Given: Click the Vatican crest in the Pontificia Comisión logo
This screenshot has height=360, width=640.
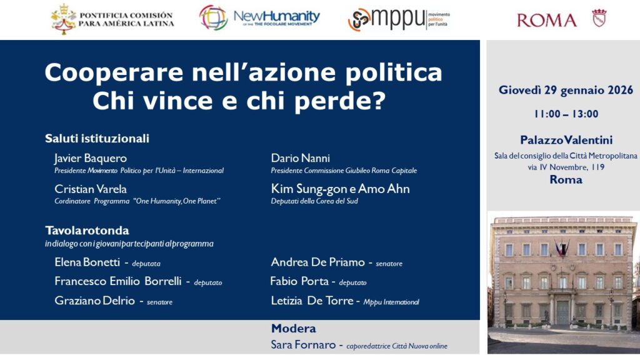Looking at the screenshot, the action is [x=63, y=19].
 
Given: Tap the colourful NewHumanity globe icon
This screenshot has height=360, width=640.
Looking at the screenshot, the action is [x=213, y=17].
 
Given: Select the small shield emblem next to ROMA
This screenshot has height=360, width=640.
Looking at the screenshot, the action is [x=599, y=18].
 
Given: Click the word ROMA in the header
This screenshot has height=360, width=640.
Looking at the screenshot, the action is [x=546, y=21].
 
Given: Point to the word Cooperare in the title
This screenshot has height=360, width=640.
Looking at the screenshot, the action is [x=114, y=72].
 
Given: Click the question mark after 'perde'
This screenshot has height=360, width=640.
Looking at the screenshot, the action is [x=379, y=101].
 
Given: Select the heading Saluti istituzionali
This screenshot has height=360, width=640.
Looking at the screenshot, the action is [x=97, y=138].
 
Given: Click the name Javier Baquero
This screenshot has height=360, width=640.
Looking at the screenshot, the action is [x=90, y=158].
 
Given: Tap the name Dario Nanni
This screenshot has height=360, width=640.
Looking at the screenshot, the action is [x=301, y=158].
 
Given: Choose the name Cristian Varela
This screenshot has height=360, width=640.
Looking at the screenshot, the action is [x=91, y=189].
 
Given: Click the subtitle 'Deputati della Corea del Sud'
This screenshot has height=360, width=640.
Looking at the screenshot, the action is [x=314, y=201].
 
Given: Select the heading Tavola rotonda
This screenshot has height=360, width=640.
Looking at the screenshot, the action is [x=87, y=231].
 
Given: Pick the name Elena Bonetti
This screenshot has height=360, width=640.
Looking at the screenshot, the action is [x=87, y=262].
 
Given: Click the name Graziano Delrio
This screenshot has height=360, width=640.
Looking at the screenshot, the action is [x=95, y=301].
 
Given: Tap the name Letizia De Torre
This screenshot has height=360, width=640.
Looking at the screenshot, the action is [x=312, y=301].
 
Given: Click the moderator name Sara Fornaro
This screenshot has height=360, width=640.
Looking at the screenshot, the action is [x=303, y=345].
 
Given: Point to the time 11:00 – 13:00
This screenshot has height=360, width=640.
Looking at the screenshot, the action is [x=566, y=114].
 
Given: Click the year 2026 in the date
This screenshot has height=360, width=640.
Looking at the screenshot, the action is [x=621, y=90].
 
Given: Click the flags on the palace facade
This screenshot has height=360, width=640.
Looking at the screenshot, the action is [x=562, y=247].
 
